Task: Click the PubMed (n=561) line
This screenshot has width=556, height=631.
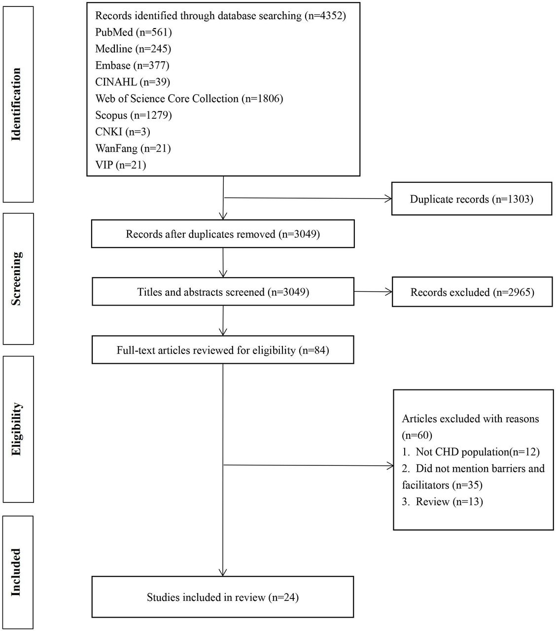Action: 133,33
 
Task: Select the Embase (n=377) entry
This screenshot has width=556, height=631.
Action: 132,66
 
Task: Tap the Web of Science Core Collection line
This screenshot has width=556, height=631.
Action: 189,99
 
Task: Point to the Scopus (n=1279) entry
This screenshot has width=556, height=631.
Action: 133,115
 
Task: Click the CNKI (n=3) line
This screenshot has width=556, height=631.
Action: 122,132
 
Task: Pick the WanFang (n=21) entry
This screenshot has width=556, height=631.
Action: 133,148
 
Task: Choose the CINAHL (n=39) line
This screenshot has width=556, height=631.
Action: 133,82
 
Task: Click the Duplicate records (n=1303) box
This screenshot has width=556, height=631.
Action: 472,199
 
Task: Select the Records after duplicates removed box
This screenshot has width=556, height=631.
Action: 223,234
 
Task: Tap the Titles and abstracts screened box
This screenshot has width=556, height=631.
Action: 223,292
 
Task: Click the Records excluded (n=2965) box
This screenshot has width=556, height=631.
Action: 472,292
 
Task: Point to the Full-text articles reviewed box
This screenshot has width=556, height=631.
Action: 223,350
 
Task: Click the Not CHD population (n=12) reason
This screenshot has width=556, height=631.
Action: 471,452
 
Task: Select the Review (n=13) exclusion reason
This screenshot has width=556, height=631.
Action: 442,502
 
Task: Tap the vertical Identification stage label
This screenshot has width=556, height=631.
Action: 16,105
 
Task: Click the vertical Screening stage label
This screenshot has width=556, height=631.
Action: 16,279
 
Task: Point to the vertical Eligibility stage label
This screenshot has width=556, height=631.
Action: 16,429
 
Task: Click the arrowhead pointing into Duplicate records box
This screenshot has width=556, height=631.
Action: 388,199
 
